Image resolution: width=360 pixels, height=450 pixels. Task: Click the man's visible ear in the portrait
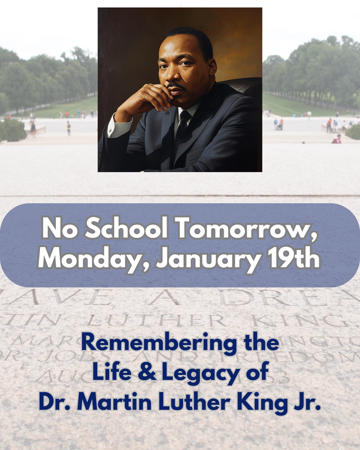[x=212, y=66]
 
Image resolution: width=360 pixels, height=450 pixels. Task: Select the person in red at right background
[x=337, y=139]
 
